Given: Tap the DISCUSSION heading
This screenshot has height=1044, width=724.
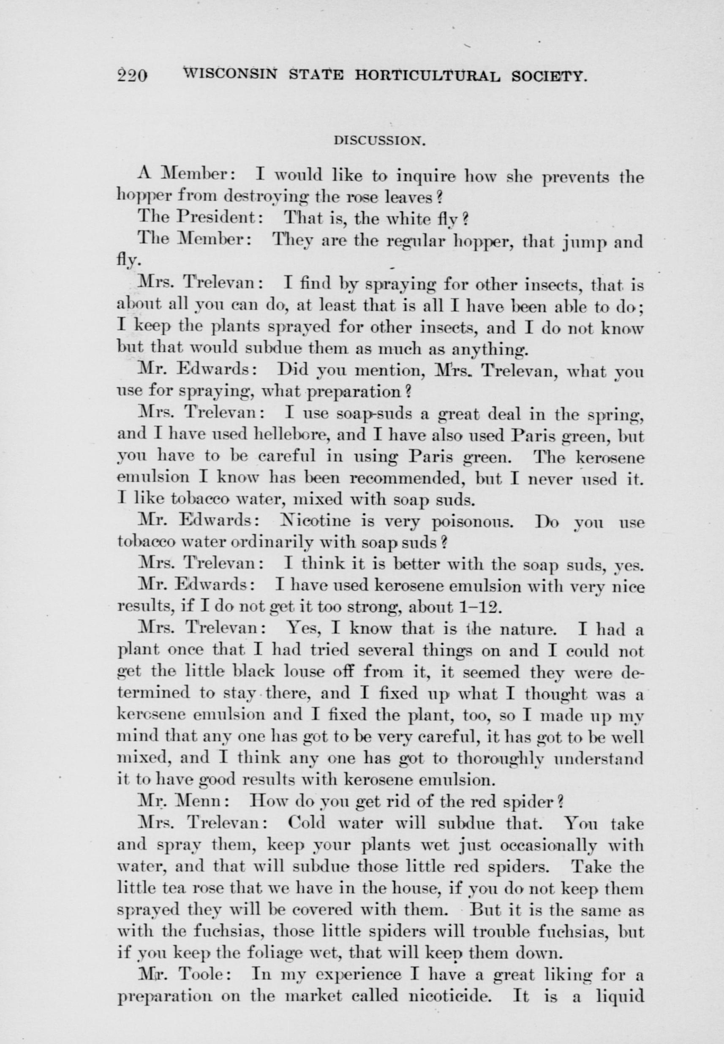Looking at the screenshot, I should click(379, 141).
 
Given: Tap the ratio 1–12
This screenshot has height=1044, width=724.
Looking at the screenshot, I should click(481, 606).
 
